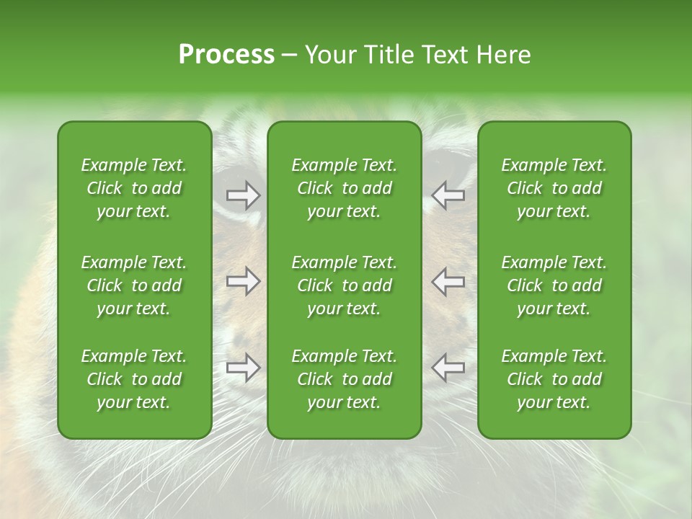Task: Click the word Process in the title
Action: (x=226, y=55)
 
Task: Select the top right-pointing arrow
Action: (x=244, y=195)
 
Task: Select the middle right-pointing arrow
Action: (x=244, y=281)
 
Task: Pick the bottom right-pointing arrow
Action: (x=244, y=368)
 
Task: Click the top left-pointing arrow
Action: (x=448, y=195)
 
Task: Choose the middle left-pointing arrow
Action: (x=448, y=281)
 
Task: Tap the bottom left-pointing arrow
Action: (x=448, y=368)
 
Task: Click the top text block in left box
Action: (x=134, y=188)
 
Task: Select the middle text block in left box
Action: (x=134, y=285)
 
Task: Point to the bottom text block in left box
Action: (x=134, y=379)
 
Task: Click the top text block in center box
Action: (x=344, y=188)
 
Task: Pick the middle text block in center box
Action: (x=344, y=285)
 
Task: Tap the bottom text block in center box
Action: (x=344, y=379)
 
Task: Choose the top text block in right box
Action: (x=554, y=188)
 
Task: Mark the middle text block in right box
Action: (x=554, y=285)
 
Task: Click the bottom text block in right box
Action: (x=554, y=379)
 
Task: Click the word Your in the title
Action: (x=330, y=55)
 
